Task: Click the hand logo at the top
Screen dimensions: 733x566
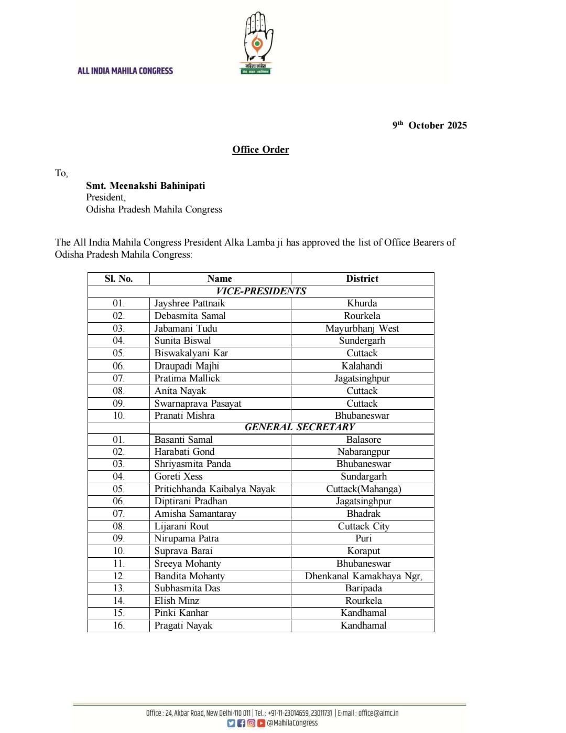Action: coord(257,42)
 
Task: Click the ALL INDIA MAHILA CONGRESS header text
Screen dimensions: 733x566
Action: coord(125,71)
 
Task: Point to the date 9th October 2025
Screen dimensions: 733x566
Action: coord(430,125)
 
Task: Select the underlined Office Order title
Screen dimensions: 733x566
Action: coord(260,150)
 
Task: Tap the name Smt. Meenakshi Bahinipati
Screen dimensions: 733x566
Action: coord(146,186)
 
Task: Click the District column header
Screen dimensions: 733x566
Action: coord(362,279)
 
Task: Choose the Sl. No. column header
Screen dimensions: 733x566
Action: coord(118,279)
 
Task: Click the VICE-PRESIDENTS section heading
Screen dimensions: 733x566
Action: coord(261,291)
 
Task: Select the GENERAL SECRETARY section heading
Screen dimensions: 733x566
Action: coord(300,427)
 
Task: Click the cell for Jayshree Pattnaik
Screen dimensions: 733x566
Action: coord(190,303)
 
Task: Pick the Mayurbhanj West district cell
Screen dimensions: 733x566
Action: coord(362,328)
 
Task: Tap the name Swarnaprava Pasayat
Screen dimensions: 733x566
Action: coord(198,403)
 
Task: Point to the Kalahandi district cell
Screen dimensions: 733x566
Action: coord(362,366)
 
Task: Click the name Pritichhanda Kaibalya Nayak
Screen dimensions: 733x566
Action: coord(214,489)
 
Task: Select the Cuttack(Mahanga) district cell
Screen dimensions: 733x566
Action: coord(363,489)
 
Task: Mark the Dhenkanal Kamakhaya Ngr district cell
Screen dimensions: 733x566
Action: coord(363,576)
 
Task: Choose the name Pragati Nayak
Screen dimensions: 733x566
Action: coord(183,625)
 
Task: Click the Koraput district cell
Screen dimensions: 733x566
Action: coord(363,551)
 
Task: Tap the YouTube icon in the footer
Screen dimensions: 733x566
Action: coord(261,723)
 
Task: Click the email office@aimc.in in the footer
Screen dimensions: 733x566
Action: coord(378,713)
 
